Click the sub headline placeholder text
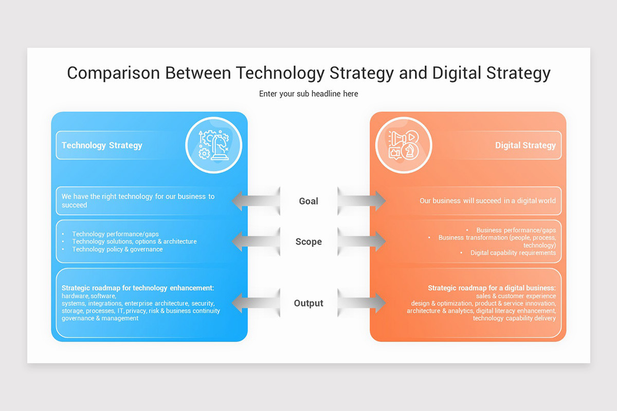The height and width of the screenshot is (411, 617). click(308, 94)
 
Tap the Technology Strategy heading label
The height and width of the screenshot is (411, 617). click(102, 145)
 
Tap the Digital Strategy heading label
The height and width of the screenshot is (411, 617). click(525, 145)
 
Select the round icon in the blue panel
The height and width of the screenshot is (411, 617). click(213, 144)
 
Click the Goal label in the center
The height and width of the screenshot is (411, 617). click(308, 201)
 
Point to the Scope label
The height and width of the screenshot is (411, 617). click(308, 241)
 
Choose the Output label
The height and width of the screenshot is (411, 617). click(308, 303)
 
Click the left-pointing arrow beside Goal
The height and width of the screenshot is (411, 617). click(255, 201)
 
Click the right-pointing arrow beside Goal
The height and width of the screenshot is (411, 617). click(362, 201)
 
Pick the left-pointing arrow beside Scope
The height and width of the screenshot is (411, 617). click(255, 241)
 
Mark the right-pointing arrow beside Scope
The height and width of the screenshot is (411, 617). click(362, 241)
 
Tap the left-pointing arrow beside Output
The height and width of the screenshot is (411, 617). click(255, 303)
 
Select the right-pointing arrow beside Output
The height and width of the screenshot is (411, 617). click(362, 303)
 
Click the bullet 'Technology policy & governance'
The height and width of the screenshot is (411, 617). click(117, 249)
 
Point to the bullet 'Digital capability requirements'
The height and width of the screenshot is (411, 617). click(513, 253)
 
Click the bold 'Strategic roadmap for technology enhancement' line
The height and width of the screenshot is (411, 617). click(138, 288)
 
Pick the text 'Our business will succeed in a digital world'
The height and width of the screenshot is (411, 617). click(487, 201)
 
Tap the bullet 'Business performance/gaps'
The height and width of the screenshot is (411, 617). click(516, 230)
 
